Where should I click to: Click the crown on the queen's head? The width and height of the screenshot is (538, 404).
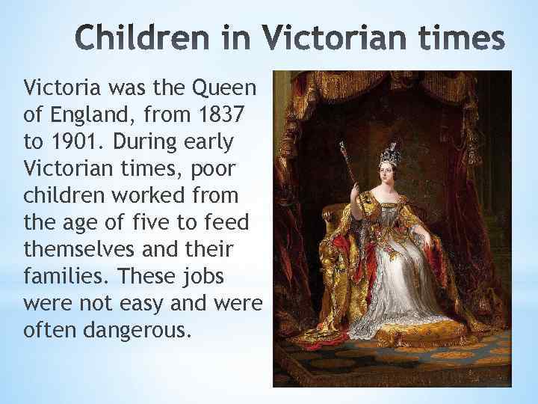tap(389, 156)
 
